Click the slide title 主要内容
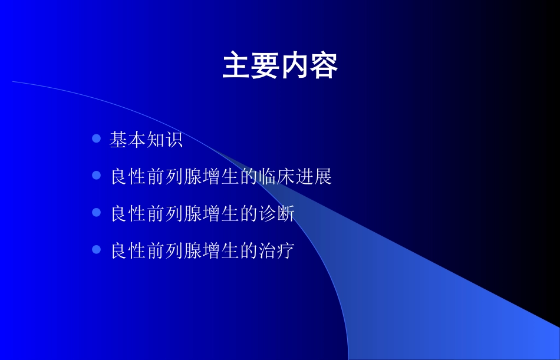click(280, 67)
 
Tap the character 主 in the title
click(236, 67)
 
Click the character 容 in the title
click(324, 67)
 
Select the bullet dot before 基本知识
click(97, 139)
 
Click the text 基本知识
click(146, 140)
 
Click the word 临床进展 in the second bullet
click(295, 177)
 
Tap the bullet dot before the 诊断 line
click(97, 212)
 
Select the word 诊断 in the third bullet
click(276, 214)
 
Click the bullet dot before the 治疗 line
click(97, 249)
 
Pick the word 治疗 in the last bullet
click(276, 251)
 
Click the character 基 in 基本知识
click(118, 140)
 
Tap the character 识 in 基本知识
click(174, 140)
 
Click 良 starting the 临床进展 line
click(119, 177)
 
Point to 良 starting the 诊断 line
click(119, 214)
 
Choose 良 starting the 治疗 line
click(119, 251)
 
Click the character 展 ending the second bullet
click(323, 177)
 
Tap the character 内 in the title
click(295, 67)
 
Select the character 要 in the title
click(265, 67)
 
